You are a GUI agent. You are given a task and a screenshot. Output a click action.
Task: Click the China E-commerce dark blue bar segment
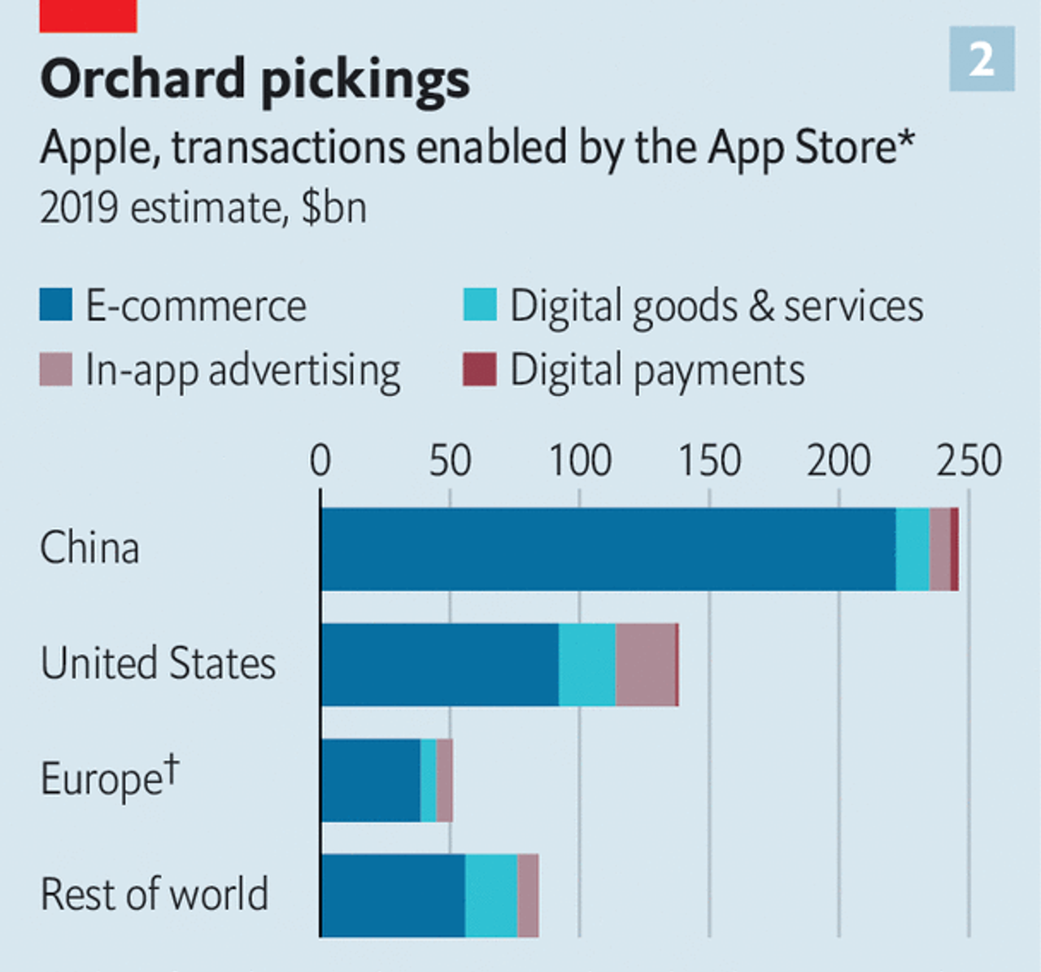(608, 549)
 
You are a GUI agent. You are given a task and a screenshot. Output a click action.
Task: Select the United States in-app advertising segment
(646, 665)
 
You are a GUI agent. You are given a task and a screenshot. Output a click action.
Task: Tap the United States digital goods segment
(587, 665)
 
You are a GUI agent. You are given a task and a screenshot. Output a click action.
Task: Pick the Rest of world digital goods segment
(491, 896)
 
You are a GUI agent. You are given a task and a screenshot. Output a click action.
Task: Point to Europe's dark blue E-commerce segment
(371, 780)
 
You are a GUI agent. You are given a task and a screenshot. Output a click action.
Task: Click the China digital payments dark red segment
(955, 549)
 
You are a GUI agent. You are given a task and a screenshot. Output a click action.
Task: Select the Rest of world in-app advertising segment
(528, 896)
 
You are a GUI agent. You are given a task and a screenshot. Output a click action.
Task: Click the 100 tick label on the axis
(579, 460)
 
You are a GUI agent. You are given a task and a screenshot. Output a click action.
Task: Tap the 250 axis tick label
(968, 460)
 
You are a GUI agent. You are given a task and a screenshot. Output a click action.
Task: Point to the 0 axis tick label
(320, 460)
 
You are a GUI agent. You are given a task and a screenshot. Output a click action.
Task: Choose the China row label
(89, 547)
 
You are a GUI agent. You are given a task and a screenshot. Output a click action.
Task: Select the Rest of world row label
(154, 894)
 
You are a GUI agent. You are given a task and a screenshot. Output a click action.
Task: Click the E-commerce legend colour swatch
(56, 304)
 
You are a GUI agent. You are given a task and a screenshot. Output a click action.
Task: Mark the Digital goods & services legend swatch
(479, 304)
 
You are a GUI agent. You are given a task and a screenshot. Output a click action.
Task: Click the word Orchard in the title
(143, 79)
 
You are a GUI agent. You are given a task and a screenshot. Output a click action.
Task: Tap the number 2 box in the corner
(982, 59)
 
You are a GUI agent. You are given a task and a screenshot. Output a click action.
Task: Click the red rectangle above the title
(88, 15)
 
